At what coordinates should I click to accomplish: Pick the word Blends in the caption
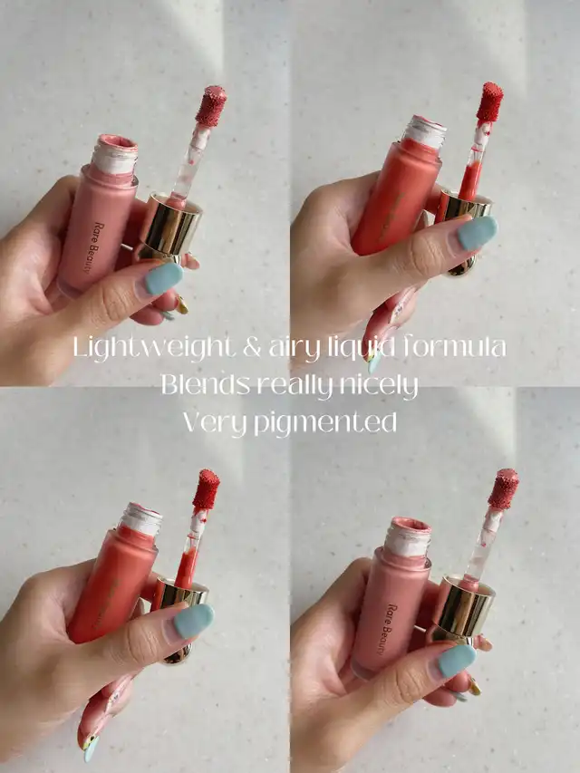click(205, 385)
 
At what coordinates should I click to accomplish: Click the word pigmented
click(325, 424)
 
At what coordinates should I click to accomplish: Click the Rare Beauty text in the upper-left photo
click(92, 248)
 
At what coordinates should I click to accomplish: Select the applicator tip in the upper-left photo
click(211, 107)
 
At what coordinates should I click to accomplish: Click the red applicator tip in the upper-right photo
click(489, 102)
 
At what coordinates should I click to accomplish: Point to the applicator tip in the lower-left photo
click(206, 489)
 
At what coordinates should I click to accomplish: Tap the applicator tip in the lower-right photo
click(504, 489)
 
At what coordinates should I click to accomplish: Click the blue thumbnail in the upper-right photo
click(477, 233)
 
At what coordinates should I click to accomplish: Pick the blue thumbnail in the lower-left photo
click(193, 622)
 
